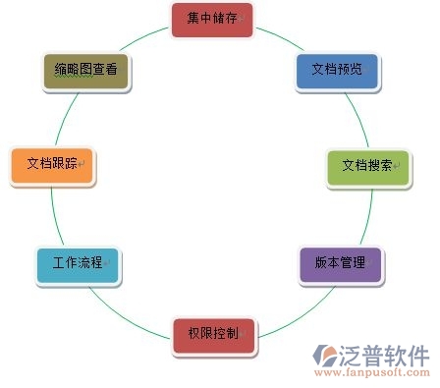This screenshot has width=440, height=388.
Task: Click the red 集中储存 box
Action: (212, 20)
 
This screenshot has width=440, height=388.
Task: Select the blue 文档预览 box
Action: (336, 71)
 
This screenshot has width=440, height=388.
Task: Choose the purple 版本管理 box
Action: (340, 263)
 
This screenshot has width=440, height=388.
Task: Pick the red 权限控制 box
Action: (212, 335)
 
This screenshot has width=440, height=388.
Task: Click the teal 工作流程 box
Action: (78, 264)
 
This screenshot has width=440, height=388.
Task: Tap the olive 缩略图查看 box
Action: (86, 72)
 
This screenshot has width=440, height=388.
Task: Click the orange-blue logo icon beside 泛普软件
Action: (326, 355)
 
